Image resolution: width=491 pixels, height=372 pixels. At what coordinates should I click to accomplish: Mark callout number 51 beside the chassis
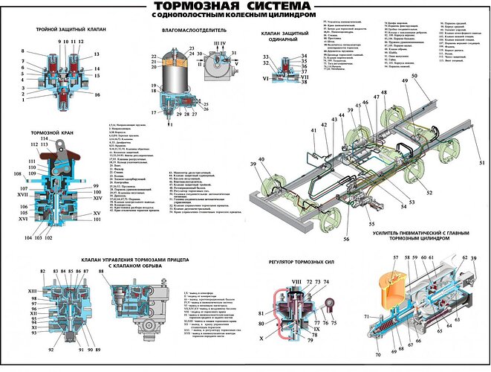point(481,161)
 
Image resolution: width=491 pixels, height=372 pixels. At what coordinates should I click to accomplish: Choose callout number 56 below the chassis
point(345,218)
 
